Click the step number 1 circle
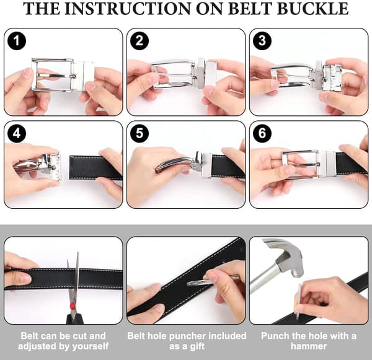point(16,41)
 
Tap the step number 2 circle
point(139,41)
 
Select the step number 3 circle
point(262,41)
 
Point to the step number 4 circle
point(16,133)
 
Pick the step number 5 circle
point(139,133)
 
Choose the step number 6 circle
point(262,133)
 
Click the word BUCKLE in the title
point(312,9)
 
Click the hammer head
point(285,256)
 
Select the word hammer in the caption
point(309,346)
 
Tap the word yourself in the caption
point(91,346)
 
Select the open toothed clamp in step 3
point(332,76)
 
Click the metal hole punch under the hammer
point(298,301)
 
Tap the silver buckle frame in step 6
point(300,164)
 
